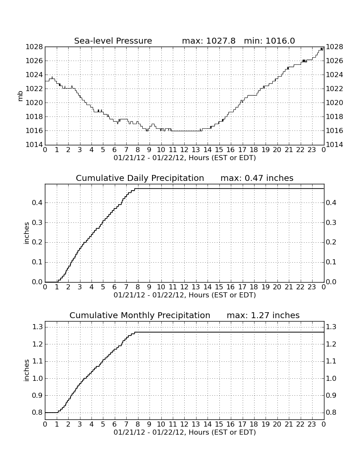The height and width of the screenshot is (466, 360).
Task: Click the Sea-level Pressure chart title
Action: [113, 41]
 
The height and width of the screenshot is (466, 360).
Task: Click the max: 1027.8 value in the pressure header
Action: [208, 41]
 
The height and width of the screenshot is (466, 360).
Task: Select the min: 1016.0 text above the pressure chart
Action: [269, 41]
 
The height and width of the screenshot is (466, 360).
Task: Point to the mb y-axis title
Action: [20, 96]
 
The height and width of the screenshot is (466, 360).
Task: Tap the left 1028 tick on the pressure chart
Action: [34, 47]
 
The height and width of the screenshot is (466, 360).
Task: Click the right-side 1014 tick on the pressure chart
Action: [335, 145]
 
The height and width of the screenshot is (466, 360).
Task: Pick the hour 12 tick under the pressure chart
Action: [184, 150]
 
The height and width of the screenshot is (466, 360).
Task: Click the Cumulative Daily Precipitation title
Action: [140, 178]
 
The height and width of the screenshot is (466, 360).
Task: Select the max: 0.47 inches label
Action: [257, 178]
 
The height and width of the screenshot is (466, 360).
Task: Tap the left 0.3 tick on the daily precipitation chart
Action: [37, 222]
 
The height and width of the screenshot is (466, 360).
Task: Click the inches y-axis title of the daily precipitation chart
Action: [27, 233]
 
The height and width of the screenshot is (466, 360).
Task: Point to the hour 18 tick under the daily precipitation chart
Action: [254, 287]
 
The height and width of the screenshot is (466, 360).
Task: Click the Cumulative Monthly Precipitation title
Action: [140, 315]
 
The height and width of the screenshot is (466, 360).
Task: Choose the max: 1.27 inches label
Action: [263, 315]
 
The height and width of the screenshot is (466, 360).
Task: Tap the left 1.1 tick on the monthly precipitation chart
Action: [37, 361]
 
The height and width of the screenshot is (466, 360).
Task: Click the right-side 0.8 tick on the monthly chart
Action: [332, 413]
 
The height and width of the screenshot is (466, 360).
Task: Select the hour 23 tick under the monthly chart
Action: [312, 424]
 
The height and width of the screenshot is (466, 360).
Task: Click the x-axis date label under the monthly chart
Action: [185, 432]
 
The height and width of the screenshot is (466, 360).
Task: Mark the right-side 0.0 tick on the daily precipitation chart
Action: [332, 282]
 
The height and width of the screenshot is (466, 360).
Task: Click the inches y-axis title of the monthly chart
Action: [27, 371]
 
